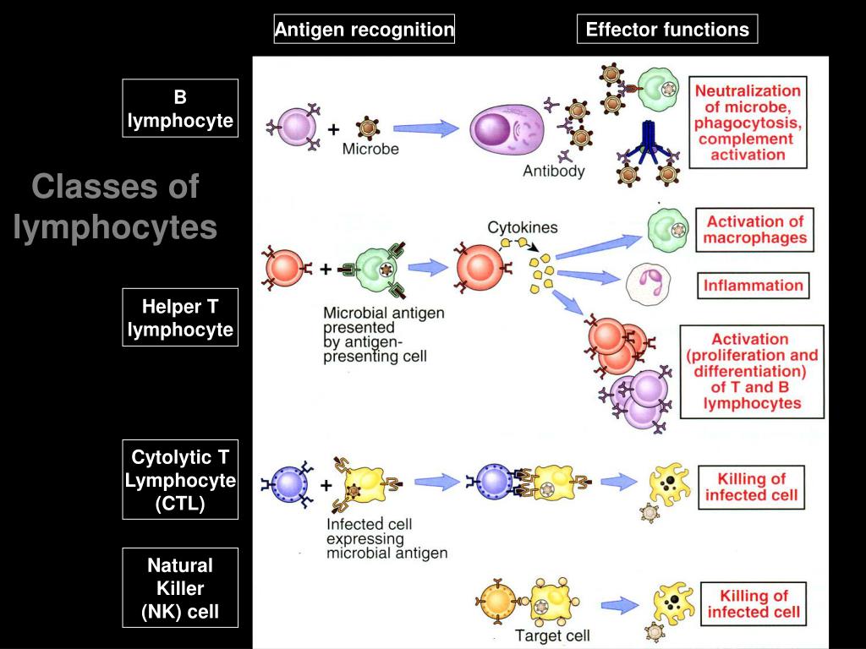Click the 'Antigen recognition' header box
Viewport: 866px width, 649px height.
pos(364,30)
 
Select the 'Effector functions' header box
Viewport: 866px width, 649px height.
pos(667,30)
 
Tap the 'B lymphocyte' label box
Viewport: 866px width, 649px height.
pos(180,108)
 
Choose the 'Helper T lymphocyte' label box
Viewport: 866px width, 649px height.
pos(180,318)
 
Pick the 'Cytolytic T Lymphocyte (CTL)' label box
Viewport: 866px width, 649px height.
pos(180,480)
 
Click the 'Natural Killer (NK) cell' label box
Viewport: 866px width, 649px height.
pos(180,588)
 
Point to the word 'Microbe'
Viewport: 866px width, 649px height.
pos(370,149)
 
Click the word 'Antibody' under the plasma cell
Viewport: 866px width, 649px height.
pos(553,171)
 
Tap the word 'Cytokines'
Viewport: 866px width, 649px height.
pos(523,227)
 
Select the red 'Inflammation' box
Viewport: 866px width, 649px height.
pos(754,286)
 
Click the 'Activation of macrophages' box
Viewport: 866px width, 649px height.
pos(754,230)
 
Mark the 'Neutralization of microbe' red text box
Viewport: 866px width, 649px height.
pos(748,123)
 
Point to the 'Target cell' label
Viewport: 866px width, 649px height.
pos(552,635)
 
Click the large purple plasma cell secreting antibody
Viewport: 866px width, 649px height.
pos(507,130)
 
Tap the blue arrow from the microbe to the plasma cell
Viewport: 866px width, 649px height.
pos(426,128)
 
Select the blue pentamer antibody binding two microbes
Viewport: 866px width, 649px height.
pos(647,145)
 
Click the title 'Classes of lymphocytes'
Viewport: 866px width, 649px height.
pos(115,206)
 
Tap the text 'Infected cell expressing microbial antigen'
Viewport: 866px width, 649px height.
pos(386,538)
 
